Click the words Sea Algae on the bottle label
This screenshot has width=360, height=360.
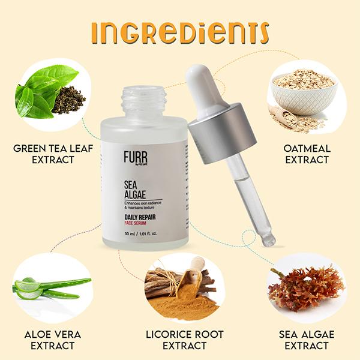[x=136, y=190]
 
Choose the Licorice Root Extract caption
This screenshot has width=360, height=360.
[x=180, y=340]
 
